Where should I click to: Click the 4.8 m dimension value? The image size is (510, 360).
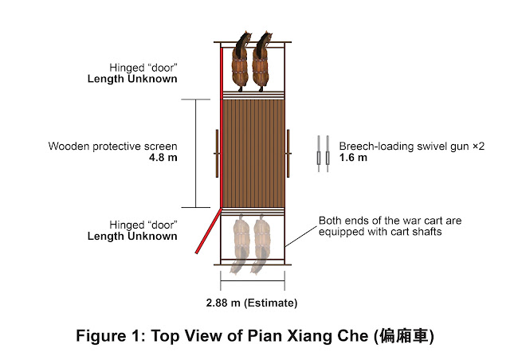point(163,158)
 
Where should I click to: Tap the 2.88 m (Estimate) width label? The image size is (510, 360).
point(252,303)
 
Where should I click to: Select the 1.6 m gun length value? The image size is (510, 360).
point(353,158)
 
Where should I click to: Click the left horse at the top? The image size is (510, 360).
point(241,61)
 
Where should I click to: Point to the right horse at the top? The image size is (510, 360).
point(262,61)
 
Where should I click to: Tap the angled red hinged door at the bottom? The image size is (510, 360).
point(209,231)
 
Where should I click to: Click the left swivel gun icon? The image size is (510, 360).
point(319,154)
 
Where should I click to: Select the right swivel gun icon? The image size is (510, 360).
point(328,154)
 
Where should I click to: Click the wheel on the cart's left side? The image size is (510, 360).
point(217,154)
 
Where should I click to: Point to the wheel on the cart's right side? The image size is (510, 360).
point(288,154)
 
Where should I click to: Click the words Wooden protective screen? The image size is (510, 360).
point(112,147)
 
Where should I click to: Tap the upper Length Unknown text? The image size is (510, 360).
point(132,79)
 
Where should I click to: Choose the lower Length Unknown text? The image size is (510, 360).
point(132,237)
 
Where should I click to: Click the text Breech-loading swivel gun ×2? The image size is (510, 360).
point(412,147)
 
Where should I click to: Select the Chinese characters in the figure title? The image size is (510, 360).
point(404,336)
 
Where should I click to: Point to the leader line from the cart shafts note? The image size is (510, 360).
point(301,237)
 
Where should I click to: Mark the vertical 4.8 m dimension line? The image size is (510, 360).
point(195,154)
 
